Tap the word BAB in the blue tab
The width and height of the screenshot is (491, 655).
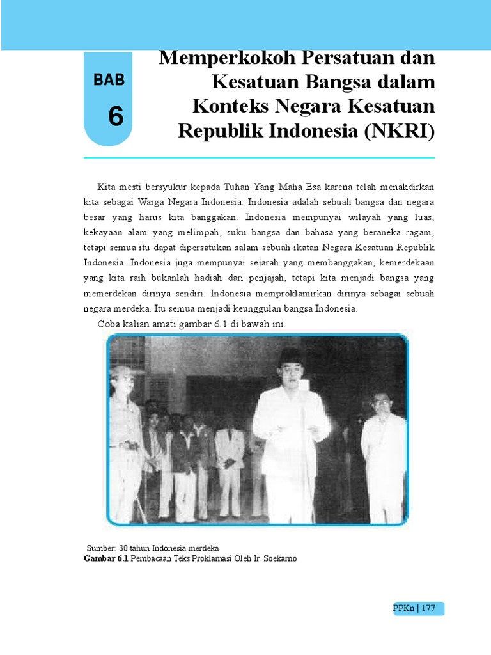[x=109, y=80]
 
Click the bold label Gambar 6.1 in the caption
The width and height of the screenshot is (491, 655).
[x=106, y=558]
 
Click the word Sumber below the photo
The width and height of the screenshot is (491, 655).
[x=101, y=549]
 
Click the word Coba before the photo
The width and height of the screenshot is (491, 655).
[x=108, y=324]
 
